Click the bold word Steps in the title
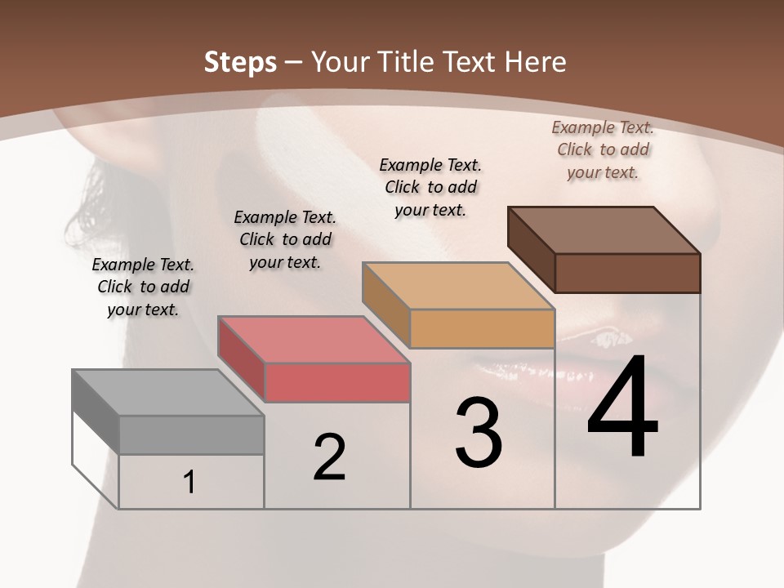[x=240, y=62]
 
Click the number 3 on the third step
[x=479, y=432]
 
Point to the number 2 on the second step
[x=329, y=457]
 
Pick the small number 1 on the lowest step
[x=189, y=483]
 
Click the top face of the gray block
[x=167, y=393]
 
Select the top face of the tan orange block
[x=457, y=286]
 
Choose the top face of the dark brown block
[x=604, y=230]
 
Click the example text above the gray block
[x=143, y=287]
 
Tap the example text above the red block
[x=285, y=239]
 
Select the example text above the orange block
[x=430, y=187]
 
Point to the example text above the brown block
[x=603, y=149]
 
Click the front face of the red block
[x=337, y=383]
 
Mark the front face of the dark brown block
[x=627, y=273]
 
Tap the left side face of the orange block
[x=385, y=304]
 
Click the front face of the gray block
[x=191, y=435]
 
